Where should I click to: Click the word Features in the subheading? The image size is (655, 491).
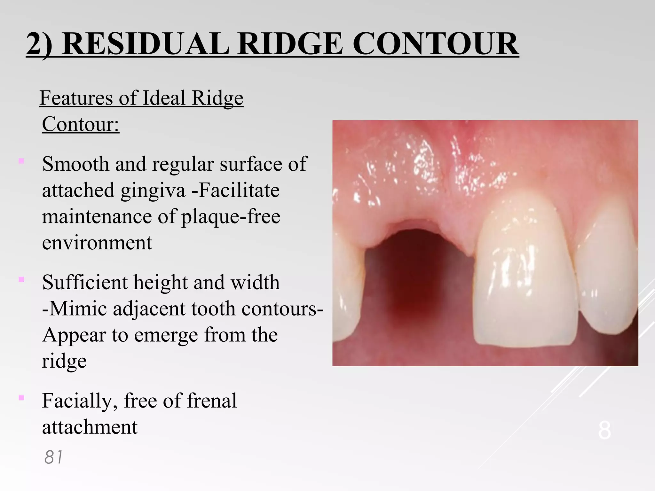[x=76, y=98]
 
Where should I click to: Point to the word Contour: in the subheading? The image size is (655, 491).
[x=81, y=124]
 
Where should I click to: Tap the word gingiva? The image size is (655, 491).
[x=153, y=191]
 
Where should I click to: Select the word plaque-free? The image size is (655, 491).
[x=231, y=217]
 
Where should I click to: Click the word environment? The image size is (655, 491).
[x=97, y=243]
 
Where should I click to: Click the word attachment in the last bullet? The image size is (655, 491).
[x=90, y=427]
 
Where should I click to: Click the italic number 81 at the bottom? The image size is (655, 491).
[x=53, y=457]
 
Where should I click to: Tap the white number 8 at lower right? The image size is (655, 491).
[x=604, y=431]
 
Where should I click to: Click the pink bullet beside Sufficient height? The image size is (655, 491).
[x=21, y=280]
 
